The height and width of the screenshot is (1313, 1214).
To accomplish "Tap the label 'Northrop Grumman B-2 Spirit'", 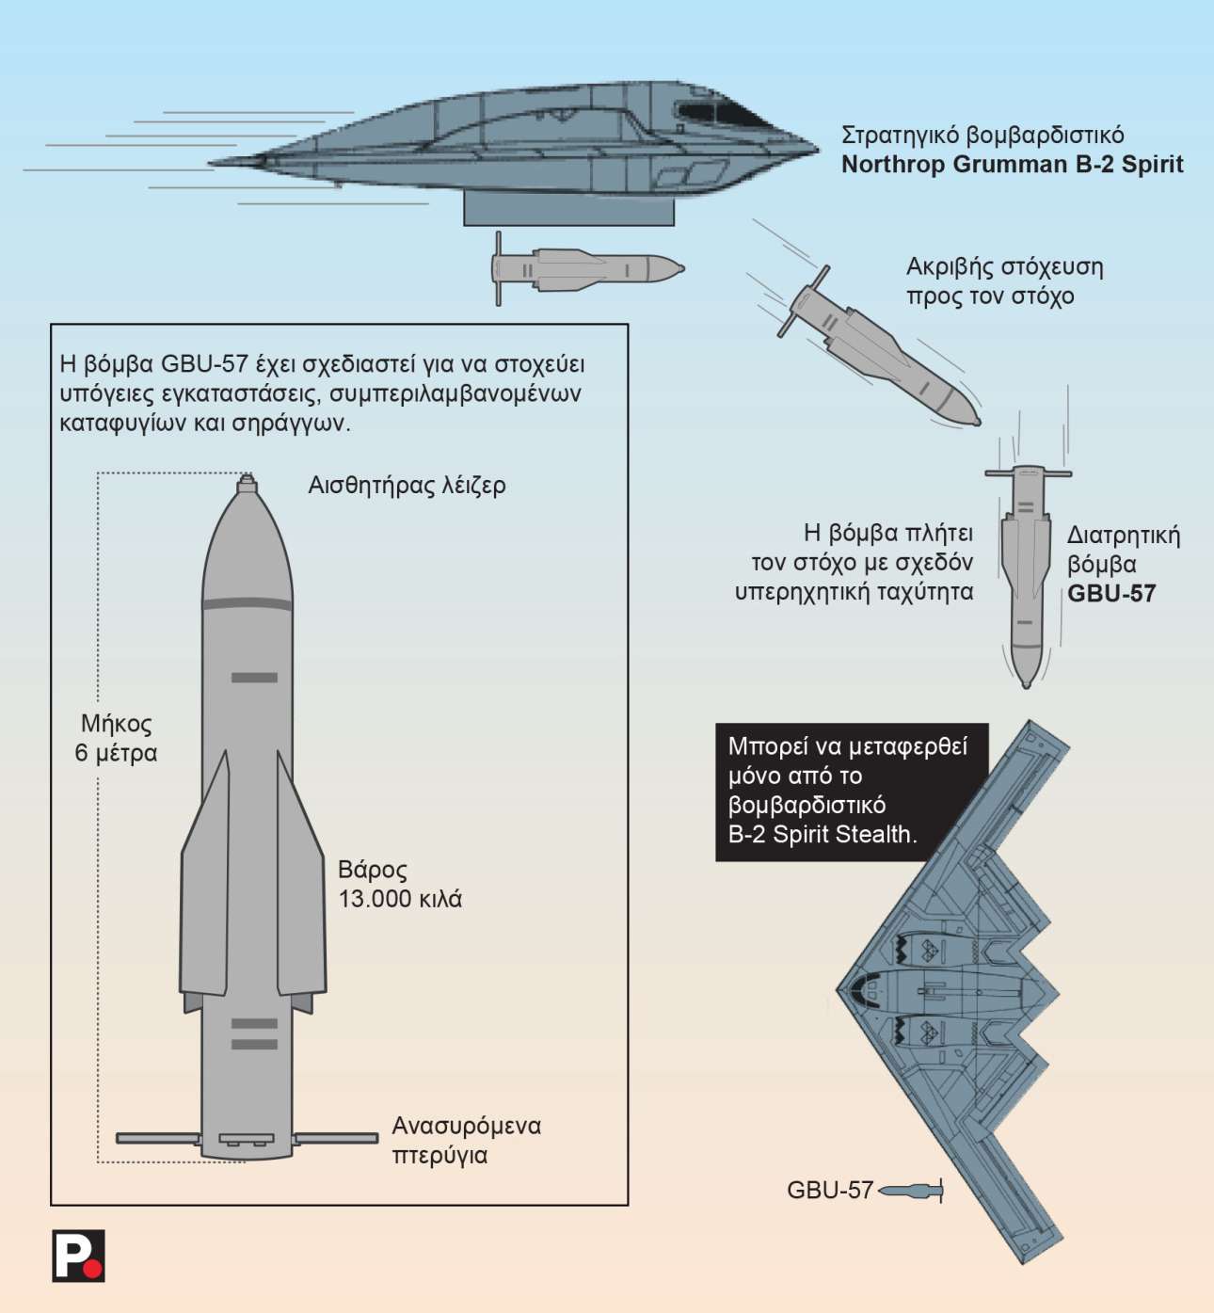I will pyautogui.click(x=1012, y=165).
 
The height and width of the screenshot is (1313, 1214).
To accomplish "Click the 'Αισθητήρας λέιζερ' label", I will pyautogui.click(x=407, y=486).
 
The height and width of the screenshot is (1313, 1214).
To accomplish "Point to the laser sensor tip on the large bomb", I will pyautogui.click(x=247, y=482).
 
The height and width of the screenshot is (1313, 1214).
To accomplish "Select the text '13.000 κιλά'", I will pyautogui.click(x=400, y=899).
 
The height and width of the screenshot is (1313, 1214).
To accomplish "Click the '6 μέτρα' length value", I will pyautogui.click(x=116, y=753).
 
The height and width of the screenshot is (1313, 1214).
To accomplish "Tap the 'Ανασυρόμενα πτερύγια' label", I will pyautogui.click(x=466, y=1140).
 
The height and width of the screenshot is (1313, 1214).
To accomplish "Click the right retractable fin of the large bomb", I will pyautogui.click(x=336, y=1138).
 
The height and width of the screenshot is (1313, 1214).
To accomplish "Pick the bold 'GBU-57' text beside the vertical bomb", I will pyautogui.click(x=1110, y=594).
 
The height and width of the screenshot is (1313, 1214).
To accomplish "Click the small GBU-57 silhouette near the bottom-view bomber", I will pyautogui.click(x=910, y=1192).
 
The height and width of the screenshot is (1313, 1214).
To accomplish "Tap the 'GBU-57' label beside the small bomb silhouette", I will pyautogui.click(x=829, y=1191).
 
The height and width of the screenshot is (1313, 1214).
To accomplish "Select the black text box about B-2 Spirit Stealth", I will pyautogui.click(x=851, y=791).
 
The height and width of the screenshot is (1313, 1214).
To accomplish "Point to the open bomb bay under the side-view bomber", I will pyautogui.click(x=568, y=209).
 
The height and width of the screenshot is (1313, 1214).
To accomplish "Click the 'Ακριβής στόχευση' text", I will pyautogui.click(x=1004, y=266).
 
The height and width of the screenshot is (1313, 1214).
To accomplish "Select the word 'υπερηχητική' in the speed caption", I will pyautogui.click(x=802, y=592).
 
